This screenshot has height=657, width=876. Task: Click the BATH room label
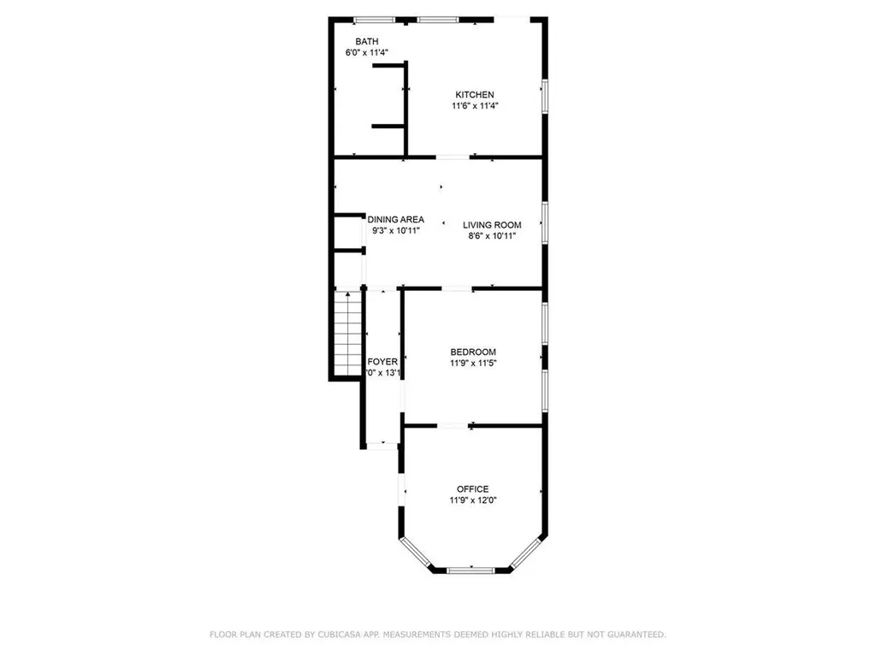(367, 41)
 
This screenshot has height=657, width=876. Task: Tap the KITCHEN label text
(474, 94)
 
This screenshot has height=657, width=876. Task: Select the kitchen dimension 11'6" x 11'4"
(474, 106)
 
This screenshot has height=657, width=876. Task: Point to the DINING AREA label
(395, 220)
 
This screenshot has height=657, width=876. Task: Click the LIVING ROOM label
(492, 225)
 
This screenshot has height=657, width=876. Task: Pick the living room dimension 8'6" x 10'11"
(492, 236)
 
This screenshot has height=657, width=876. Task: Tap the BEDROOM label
(473, 352)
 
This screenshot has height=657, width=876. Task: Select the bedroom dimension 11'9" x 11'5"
(473, 363)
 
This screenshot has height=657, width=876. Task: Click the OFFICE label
(472, 489)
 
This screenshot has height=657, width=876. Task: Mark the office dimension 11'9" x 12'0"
(472, 500)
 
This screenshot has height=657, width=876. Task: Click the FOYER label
(382, 362)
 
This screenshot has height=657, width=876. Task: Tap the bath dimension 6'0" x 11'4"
(367, 53)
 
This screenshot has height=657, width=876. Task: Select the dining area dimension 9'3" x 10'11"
(395, 231)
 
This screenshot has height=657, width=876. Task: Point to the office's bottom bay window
(471, 570)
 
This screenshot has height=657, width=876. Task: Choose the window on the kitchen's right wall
(544, 96)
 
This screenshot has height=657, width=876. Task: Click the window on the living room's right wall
(544, 224)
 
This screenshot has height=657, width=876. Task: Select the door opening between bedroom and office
(453, 425)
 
